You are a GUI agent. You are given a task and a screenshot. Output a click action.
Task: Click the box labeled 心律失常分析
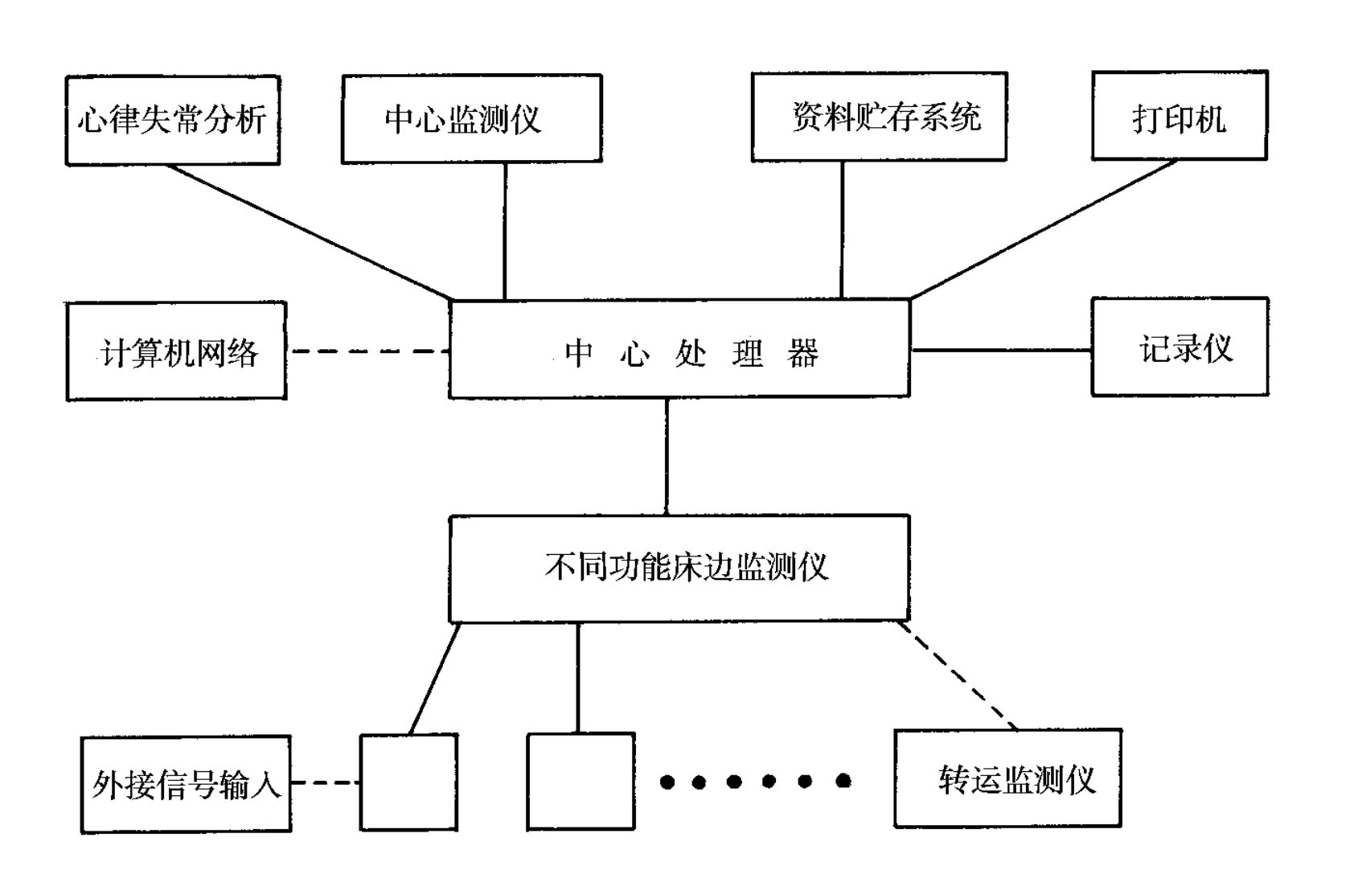pos(172,121)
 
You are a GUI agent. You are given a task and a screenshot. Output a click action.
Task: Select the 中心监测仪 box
pos(471,119)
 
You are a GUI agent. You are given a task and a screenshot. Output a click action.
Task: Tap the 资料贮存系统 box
pos(879,117)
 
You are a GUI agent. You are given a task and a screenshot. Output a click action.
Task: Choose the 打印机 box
pos(1179,116)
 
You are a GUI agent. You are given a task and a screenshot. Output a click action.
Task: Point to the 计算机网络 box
pos(176,351)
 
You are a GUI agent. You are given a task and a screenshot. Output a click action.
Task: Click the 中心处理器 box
pos(679,349)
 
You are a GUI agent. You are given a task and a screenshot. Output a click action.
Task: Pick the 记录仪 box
pos(1180,347)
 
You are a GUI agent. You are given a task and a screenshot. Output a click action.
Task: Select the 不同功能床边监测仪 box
pos(679,568)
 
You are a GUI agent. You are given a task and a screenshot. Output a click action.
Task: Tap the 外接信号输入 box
pos(186,784)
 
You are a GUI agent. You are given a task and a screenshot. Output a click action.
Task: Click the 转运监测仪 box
pos(1007,778)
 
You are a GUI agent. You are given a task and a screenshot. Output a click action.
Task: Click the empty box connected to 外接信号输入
pos(408,782)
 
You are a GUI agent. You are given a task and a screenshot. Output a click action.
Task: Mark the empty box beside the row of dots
pos(581,781)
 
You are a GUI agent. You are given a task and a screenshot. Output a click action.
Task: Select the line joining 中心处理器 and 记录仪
pos(1000,350)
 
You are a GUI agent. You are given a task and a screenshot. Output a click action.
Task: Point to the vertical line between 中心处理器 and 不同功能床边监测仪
pos(667,456)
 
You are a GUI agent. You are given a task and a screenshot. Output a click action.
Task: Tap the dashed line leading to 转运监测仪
pos(957,675)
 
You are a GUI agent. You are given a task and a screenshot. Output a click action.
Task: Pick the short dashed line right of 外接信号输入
pos(325,782)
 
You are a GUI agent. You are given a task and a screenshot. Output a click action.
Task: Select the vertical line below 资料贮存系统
pos(842,230)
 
